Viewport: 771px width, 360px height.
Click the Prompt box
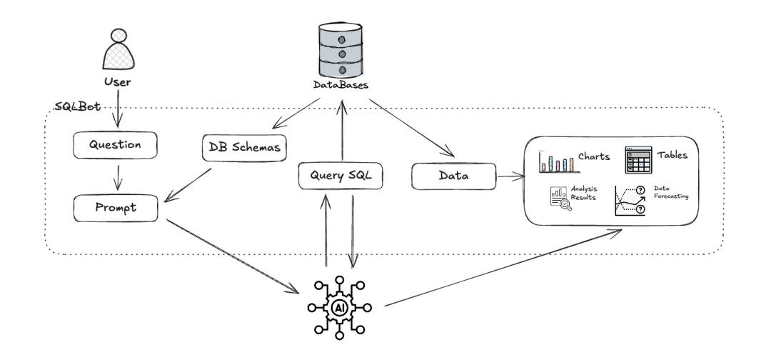(x=116, y=207)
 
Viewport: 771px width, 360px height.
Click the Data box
(x=453, y=176)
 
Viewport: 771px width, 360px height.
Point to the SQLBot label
(x=77, y=107)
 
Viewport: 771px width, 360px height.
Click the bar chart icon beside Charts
(x=556, y=161)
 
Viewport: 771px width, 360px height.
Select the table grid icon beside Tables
(x=638, y=160)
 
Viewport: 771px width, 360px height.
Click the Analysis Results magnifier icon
(x=561, y=197)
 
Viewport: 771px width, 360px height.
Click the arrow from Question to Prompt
(x=116, y=176)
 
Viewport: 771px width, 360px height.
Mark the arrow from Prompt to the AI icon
(x=232, y=255)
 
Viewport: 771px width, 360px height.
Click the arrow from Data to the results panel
(x=508, y=176)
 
